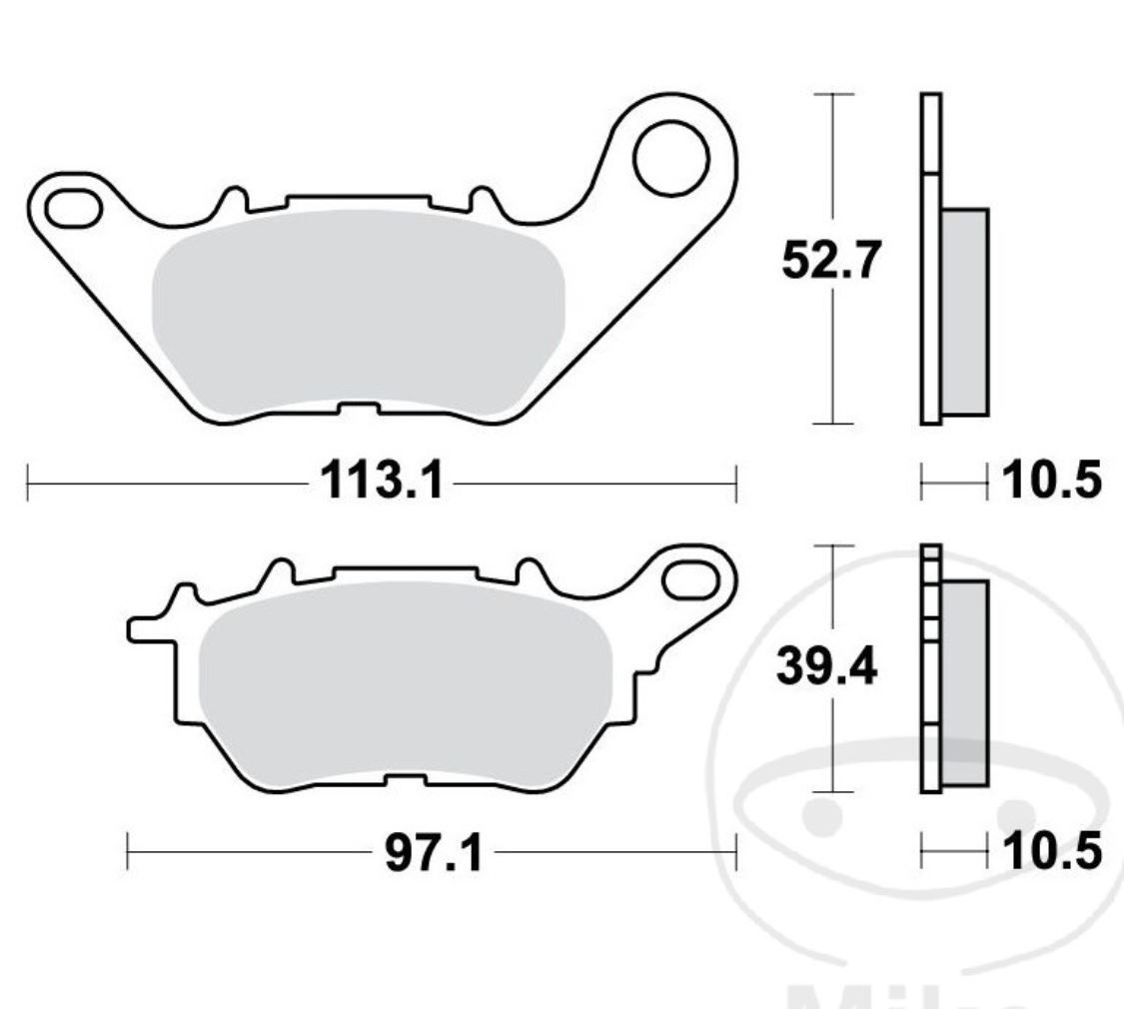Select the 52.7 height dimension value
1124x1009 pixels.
[x=831, y=262]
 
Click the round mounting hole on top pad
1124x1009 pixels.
[x=669, y=158]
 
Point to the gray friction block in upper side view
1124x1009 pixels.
[x=964, y=312]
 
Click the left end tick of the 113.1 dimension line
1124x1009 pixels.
[x=28, y=484]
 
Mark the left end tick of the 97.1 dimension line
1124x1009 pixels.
[x=128, y=854]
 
